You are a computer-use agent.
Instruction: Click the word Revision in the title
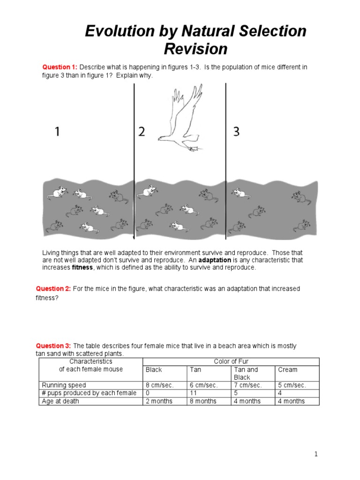point(195,49)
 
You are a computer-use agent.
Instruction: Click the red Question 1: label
point(60,67)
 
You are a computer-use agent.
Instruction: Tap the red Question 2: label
point(53,289)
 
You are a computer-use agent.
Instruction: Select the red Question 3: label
point(53,346)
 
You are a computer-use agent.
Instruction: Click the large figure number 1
point(57,132)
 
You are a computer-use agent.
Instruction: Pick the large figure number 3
point(236,132)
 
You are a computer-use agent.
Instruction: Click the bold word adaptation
point(215,260)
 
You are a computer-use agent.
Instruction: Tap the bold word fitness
point(82,268)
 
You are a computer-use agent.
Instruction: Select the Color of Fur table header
point(231,361)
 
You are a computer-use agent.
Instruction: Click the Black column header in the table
point(154,369)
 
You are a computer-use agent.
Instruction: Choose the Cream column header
point(287,369)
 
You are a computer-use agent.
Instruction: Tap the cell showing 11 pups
point(194,393)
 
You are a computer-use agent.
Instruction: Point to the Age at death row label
point(60,401)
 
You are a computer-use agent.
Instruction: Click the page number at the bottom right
point(316,454)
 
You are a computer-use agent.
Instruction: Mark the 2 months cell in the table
point(159,401)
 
